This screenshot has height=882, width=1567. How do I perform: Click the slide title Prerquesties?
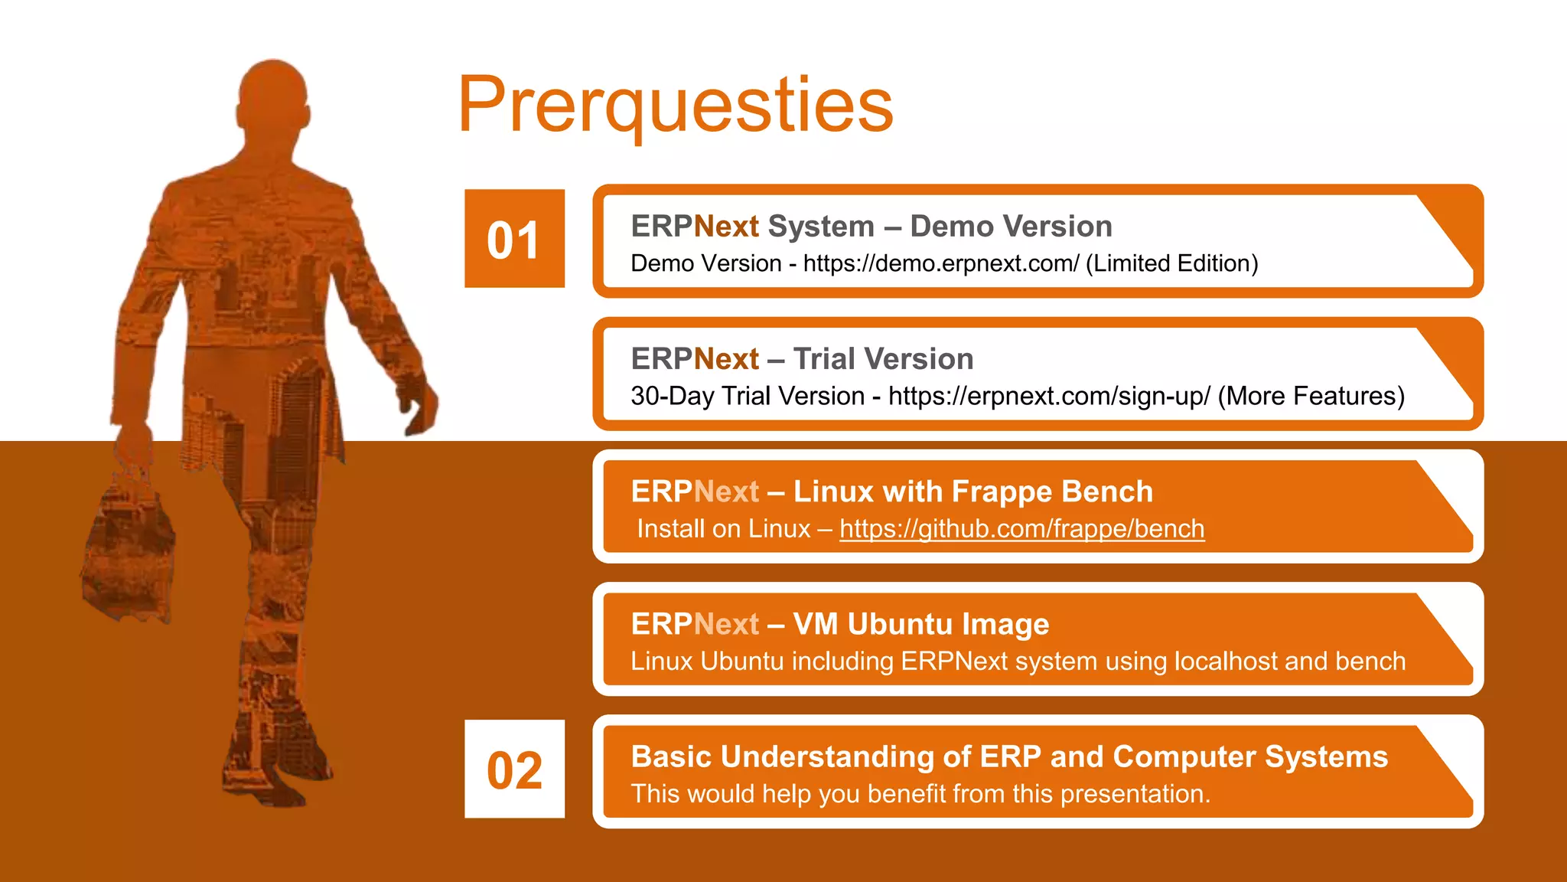tap(675, 106)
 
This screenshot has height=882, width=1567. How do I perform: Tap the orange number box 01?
tap(514, 240)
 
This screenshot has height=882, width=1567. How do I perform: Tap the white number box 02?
tap(514, 769)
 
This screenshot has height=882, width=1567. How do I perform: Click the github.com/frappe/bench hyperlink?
tap(1021, 529)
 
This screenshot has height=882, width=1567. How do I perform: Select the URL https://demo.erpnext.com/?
tap(940, 263)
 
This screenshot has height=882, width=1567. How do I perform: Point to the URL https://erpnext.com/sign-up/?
tap(1049, 397)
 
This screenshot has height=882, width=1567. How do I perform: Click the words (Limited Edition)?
tap(1171, 263)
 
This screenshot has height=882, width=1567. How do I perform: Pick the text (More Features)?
tap(1311, 397)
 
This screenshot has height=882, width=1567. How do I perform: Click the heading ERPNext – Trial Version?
tap(802, 359)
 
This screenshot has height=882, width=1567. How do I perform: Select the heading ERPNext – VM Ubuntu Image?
tap(839, 624)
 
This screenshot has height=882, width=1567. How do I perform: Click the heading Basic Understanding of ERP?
tap(1008, 756)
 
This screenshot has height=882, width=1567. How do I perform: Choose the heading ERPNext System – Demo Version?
tap(871, 227)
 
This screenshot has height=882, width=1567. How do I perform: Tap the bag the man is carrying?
tap(126, 544)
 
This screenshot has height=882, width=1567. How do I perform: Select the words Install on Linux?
tap(723, 529)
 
